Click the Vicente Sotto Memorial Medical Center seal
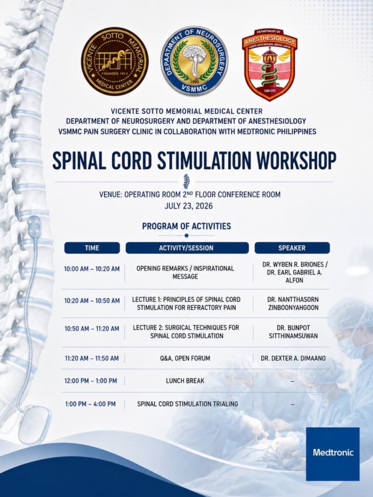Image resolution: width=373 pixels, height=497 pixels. [x=115, y=61]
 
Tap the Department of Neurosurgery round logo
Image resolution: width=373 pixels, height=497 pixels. [x=194, y=61]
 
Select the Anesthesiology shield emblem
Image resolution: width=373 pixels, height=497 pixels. [x=270, y=65]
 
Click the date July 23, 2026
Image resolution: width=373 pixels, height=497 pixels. [x=189, y=206]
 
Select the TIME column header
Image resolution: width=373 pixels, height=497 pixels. [x=92, y=248]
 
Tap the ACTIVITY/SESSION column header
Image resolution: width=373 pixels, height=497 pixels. [x=187, y=248]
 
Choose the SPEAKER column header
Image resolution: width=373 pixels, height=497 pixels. [x=292, y=248]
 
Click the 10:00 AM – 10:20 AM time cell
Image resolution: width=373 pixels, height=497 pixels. [x=92, y=269]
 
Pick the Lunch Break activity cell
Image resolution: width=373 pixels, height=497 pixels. [x=185, y=381]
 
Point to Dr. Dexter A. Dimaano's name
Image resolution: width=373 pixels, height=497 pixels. [x=293, y=359]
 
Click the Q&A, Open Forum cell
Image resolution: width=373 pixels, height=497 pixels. [x=185, y=359]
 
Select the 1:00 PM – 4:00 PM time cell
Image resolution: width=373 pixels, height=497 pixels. [x=90, y=404]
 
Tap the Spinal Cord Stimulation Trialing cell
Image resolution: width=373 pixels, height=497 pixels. [x=187, y=404]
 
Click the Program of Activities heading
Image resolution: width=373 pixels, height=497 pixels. [x=186, y=226]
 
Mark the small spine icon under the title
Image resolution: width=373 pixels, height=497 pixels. [x=186, y=181]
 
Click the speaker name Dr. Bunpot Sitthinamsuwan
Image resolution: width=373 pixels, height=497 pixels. [x=293, y=332]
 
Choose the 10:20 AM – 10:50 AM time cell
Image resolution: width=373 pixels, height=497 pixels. [x=92, y=301]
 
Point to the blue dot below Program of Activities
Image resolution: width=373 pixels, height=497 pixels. [x=186, y=235]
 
